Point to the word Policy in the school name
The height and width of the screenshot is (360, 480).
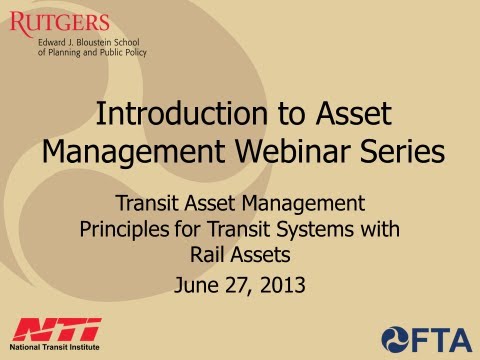(x=129, y=52)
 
